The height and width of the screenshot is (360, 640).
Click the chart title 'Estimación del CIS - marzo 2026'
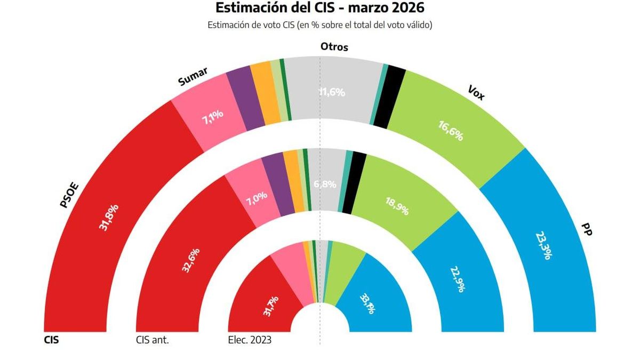pos(320,9)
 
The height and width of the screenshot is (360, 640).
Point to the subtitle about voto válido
pos(320,25)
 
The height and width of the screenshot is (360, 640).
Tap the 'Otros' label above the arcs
pos(334,47)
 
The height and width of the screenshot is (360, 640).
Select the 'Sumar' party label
pos(193,77)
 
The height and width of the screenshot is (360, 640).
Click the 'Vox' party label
pos(475,94)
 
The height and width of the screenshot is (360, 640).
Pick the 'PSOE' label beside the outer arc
pos(70,196)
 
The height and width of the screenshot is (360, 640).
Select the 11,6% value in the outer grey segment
pos(332,92)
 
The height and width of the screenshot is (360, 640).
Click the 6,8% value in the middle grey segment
pos(325,185)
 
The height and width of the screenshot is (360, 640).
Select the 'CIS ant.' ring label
pos(153,340)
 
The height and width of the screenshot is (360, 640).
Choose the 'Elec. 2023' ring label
pos(250,340)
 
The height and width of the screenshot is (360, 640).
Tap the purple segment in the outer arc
pos(245,99)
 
